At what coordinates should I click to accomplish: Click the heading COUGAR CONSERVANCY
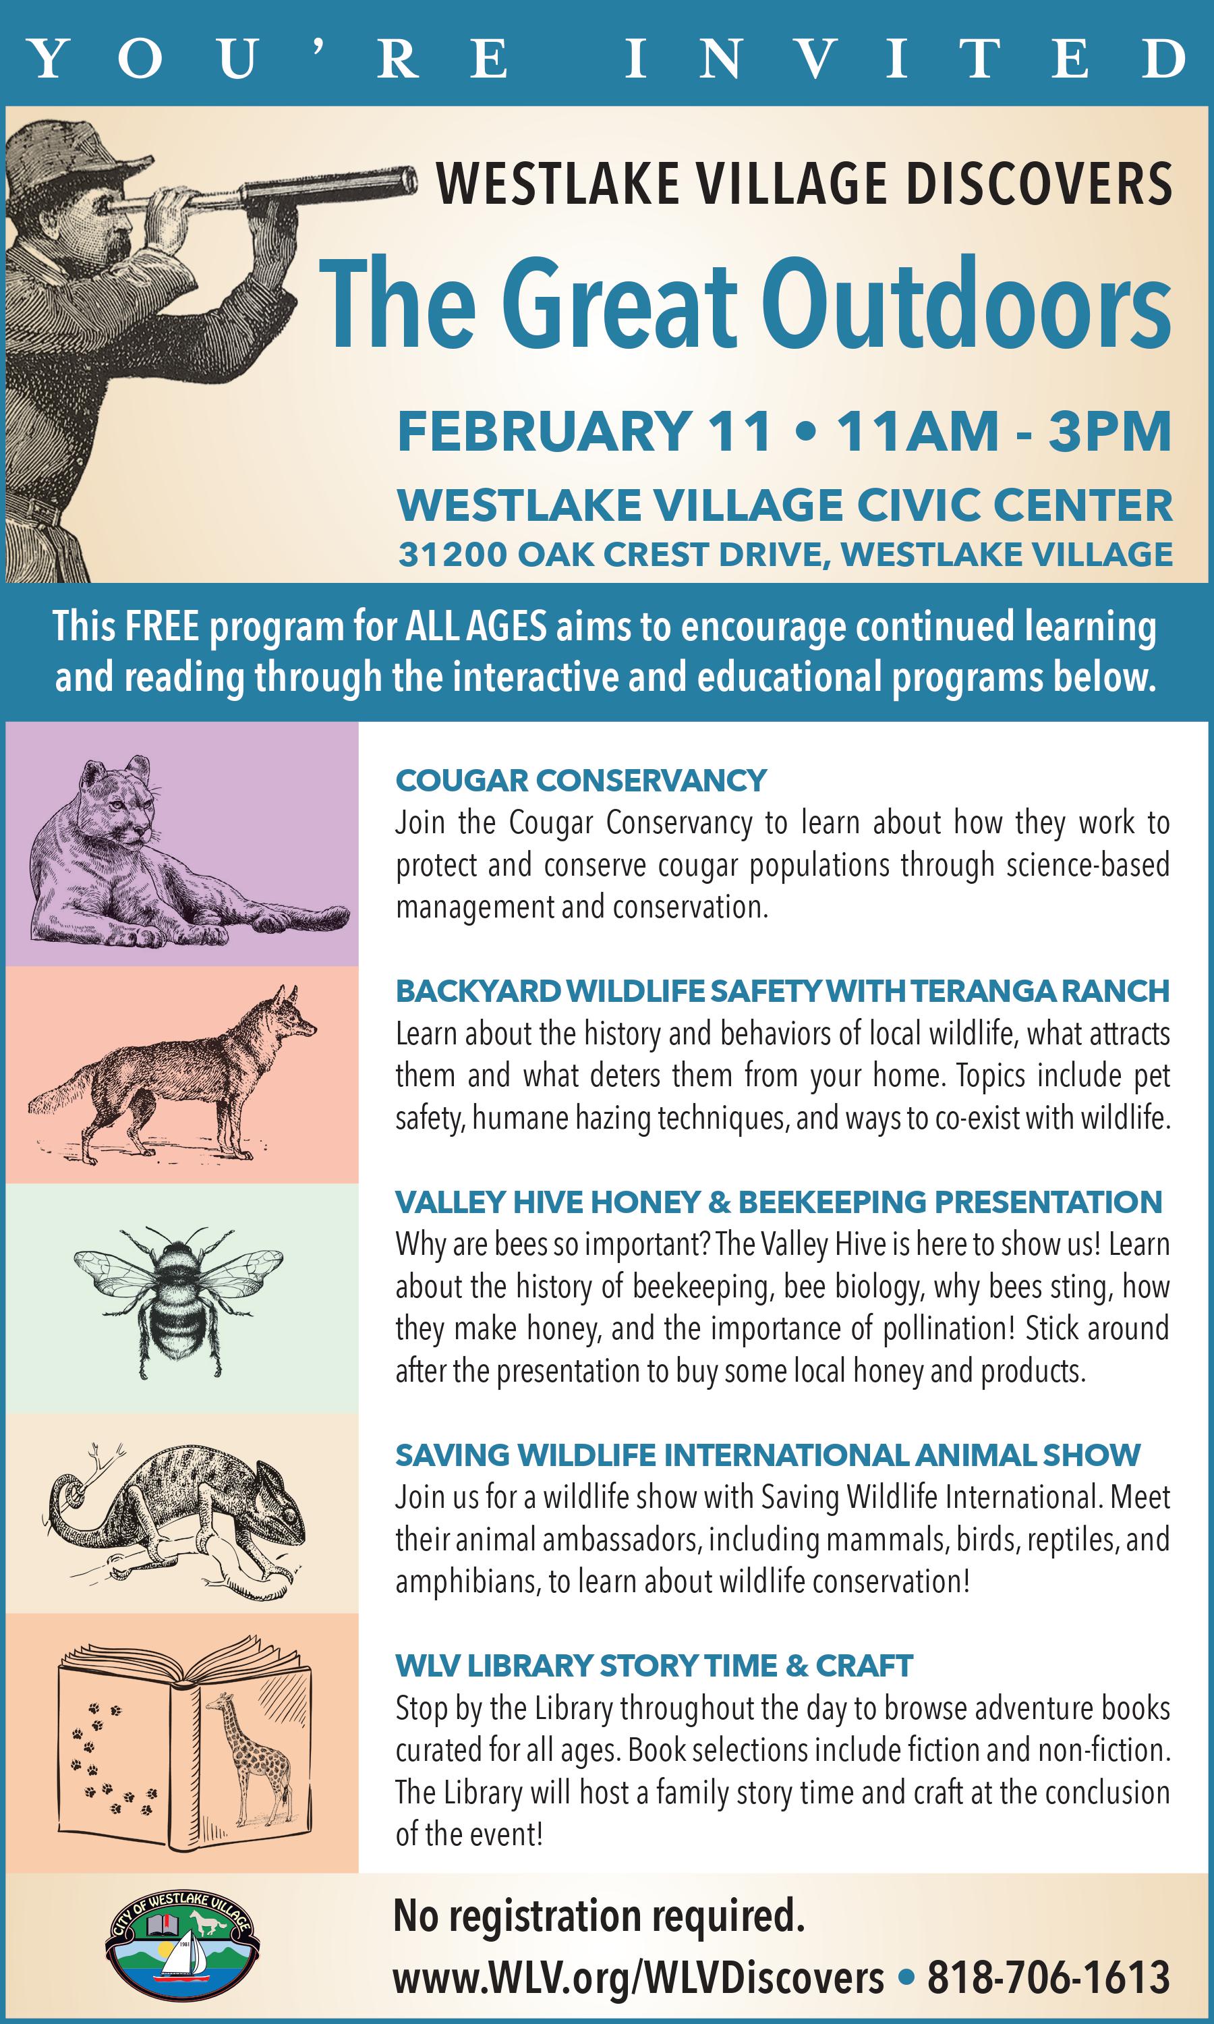[x=581, y=781]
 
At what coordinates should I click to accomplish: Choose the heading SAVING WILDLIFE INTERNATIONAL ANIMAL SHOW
[x=768, y=1455]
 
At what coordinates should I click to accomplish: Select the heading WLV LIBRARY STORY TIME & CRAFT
[x=654, y=1666]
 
